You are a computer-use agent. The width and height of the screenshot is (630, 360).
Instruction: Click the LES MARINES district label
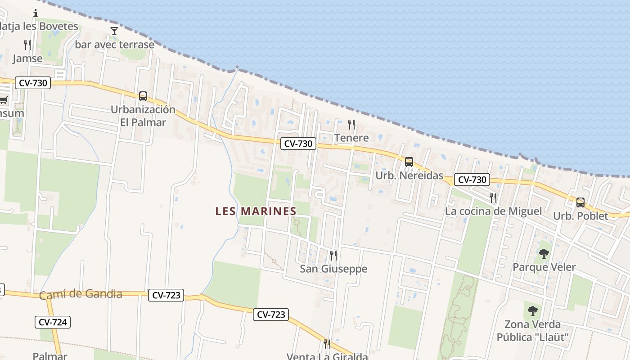pyautogui.click(x=256, y=211)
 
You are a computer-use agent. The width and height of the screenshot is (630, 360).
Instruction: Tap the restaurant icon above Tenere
pyautogui.click(x=351, y=124)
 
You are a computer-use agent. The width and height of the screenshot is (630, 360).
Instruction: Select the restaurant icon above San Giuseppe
pyautogui.click(x=333, y=255)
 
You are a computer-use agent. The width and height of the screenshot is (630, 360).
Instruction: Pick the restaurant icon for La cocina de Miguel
pyautogui.click(x=493, y=198)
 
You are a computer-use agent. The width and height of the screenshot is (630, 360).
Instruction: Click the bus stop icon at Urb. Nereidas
pyautogui.click(x=409, y=162)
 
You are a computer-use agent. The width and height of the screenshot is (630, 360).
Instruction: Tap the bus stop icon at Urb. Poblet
pyautogui.click(x=580, y=202)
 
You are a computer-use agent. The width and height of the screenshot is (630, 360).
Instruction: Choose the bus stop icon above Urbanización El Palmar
pyautogui.click(x=143, y=96)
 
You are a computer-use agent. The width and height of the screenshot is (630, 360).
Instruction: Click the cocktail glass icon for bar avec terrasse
pyautogui.click(x=114, y=31)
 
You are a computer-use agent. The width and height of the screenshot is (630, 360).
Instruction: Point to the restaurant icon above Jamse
pyautogui.click(x=27, y=45)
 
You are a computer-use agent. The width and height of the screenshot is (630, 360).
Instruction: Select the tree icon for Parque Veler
pyautogui.click(x=544, y=254)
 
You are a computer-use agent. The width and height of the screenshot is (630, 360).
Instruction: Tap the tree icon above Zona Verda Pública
pyautogui.click(x=533, y=310)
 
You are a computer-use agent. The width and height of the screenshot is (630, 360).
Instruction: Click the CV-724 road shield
pyautogui.click(x=53, y=322)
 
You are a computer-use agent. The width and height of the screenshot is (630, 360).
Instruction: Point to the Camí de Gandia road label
pyautogui.click(x=81, y=295)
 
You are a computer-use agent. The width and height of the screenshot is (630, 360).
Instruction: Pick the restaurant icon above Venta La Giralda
pyautogui.click(x=327, y=344)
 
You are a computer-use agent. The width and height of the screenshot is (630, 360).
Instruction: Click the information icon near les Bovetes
pyautogui.click(x=36, y=13)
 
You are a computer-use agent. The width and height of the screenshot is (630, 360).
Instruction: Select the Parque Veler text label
pyautogui.click(x=544, y=267)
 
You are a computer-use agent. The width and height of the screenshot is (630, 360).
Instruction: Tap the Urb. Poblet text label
pyautogui.click(x=580, y=216)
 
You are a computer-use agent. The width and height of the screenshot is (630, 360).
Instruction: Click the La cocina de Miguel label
pyautogui.click(x=493, y=211)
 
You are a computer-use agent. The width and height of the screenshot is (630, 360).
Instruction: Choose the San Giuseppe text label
pyautogui.click(x=333, y=269)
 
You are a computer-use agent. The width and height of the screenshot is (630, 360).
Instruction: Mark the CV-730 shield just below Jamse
pyautogui.click(x=32, y=83)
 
